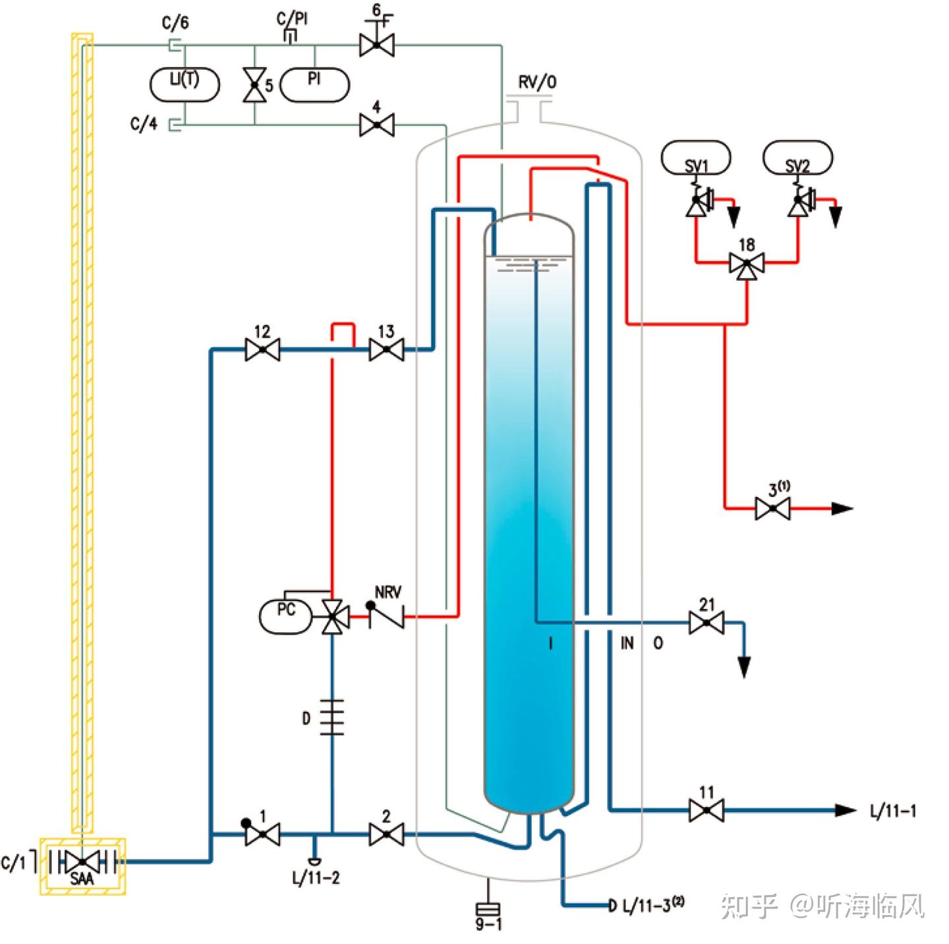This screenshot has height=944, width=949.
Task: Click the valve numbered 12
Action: pyautogui.click(x=262, y=349)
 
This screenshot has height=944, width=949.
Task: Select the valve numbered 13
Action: pyautogui.click(x=386, y=349)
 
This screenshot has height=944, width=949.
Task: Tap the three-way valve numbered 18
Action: pyautogui.click(x=747, y=264)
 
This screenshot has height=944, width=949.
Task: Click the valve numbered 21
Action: pyautogui.click(x=706, y=622)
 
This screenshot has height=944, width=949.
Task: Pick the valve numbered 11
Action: pyautogui.click(x=706, y=810)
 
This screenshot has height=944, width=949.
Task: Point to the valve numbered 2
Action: pyautogui.click(x=386, y=835)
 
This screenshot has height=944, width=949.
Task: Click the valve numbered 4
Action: pyautogui.click(x=377, y=124)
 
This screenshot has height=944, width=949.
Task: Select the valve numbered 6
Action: pyautogui.click(x=377, y=45)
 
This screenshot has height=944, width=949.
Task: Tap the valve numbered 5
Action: pyautogui.click(x=254, y=85)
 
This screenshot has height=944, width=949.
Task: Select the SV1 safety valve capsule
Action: pyautogui.click(x=696, y=158)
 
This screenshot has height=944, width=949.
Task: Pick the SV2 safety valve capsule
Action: pyautogui.click(x=797, y=158)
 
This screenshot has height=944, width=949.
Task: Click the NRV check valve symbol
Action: pyautogui.click(x=386, y=616)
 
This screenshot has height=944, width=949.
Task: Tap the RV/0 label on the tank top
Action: pyautogui.click(x=537, y=82)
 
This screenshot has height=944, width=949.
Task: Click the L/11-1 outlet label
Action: pyautogui.click(x=892, y=811)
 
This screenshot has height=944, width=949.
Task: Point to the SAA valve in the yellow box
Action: pyautogui.click(x=82, y=861)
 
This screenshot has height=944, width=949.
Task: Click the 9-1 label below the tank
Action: pyautogui.click(x=488, y=924)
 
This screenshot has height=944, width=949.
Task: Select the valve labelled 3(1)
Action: pyautogui.click(x=772, y=508)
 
